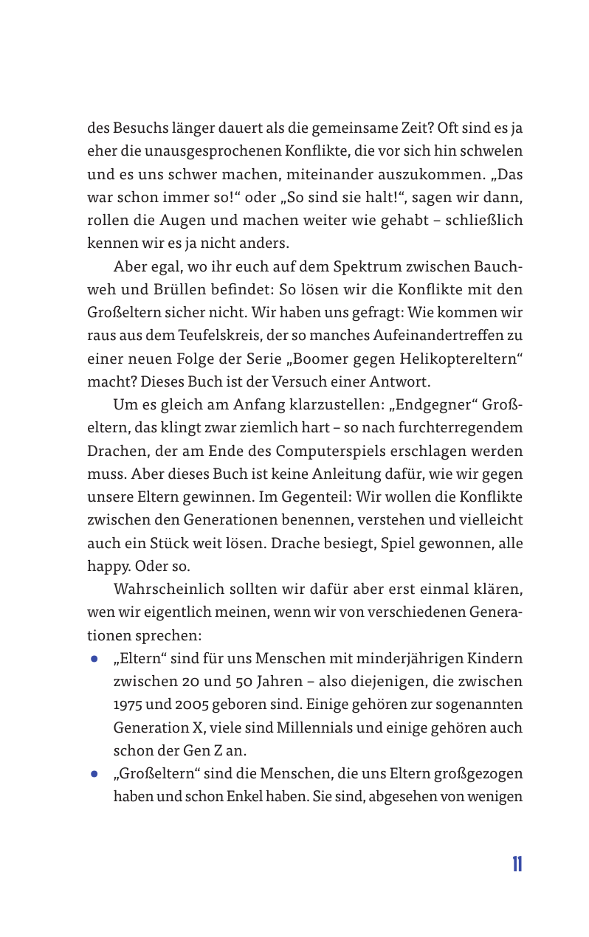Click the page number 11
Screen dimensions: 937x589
(517, 865)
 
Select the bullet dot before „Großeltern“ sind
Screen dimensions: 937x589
(94, 775)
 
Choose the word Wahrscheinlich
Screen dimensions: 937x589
(169, 589)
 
